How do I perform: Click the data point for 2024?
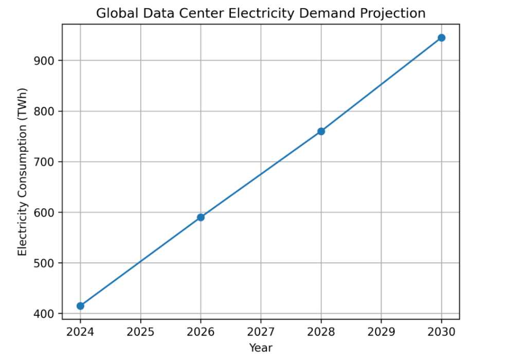coord(80,306)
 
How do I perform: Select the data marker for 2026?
coord(201,217)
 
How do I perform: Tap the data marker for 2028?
coord(321,131)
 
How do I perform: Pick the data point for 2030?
coord(441,38)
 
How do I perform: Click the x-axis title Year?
coord(261,348)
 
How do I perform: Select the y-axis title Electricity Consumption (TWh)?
coord(22,172)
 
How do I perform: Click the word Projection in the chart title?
coord(396,13)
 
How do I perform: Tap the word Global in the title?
coord(113,13)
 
